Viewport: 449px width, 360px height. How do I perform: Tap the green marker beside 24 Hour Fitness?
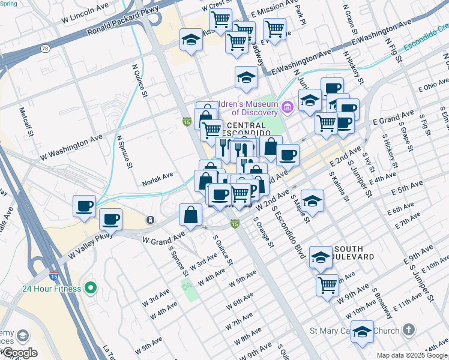pyautogui.click(x=91, y=289)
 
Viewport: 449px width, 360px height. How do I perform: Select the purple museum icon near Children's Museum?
pyautogui.click(x=287, y=107)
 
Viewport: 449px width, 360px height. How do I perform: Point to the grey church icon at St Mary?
pyautogui.click(x=408, y=331)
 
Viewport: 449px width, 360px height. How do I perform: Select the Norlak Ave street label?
pyautogui.click(x=157, y=176)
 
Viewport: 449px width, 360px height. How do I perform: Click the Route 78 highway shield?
pyautogui.click(x=45, y=47)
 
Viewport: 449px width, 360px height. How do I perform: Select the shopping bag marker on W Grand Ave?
pyautogui.click(x=190, y=215)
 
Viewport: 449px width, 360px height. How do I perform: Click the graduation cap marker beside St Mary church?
pyautogui.click(x=362, y=332)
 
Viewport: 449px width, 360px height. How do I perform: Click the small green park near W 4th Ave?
pyautogui.click(x=190, y=290)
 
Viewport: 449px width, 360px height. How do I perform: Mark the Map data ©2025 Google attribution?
pyautogui.click(x=412, y=355)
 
